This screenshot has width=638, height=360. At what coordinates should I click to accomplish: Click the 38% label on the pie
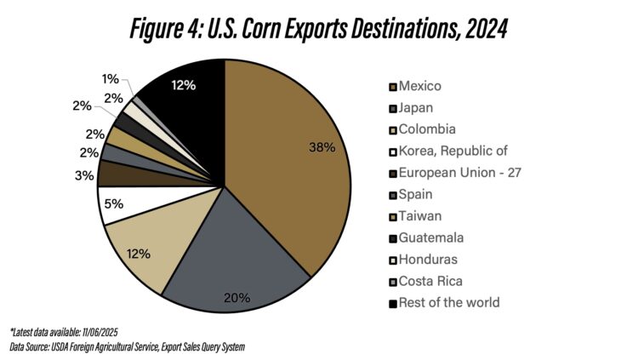[x=323, y=147]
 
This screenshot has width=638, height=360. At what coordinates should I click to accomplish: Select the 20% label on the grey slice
[x=237, y=297]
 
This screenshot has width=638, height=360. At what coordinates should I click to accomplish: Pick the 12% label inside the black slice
[x=184, y=85]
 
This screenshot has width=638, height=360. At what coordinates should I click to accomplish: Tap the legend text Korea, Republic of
[x=453, y=151]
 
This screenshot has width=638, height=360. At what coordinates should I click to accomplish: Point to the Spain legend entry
[x=416, y=194]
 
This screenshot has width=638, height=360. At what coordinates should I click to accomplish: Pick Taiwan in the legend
[x=419, y=216]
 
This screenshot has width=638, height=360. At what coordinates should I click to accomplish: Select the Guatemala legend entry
[x=430, y=237]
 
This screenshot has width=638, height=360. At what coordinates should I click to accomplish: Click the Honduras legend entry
[x=428, y=260]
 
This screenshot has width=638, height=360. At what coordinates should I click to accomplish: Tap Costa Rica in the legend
[x=430, y=281]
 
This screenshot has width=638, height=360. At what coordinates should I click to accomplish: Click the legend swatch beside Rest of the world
[x=392, y=303]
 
